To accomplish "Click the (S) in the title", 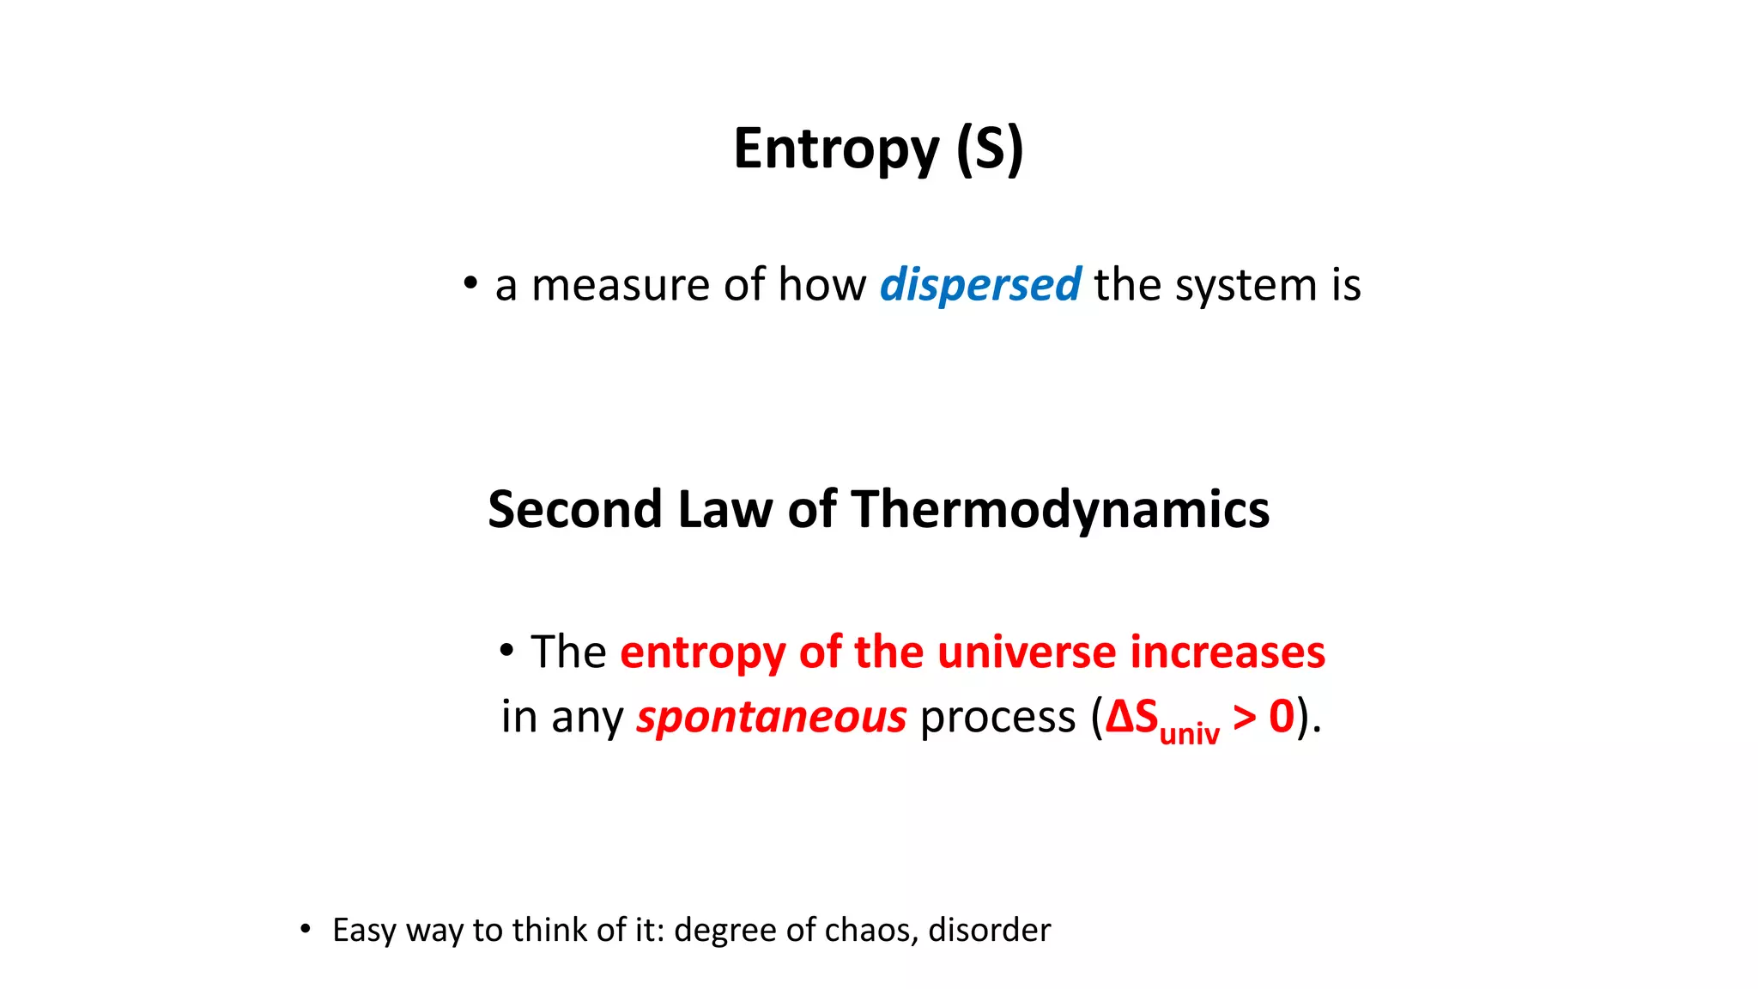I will (990, 149).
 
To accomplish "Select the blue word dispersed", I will (979, 285).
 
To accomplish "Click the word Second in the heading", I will (574, 509).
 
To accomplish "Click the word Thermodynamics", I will (1060, 509).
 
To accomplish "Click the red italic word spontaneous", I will (771, 717).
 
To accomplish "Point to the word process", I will (997, 717).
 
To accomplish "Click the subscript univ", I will (1189, 733).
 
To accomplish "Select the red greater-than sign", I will (1244, 717).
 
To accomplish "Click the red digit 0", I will (1282, 717).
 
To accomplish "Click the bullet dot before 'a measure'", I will (470, 282).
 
